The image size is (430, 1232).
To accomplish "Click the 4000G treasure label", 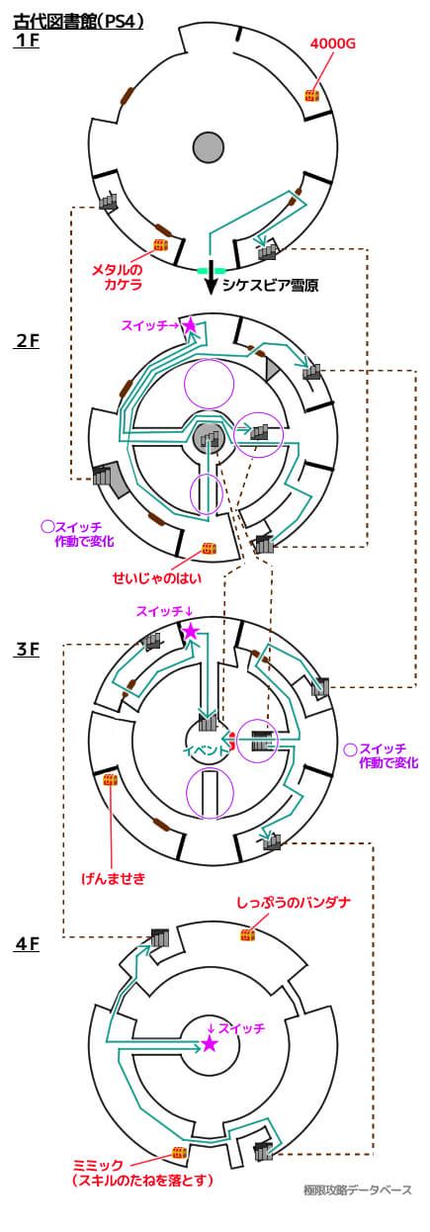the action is [x=333, y=44].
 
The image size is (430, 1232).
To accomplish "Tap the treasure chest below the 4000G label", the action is [x=312, y=96].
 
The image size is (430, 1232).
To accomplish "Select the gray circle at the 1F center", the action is [x=209, y=147].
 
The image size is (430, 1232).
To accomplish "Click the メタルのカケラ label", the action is [x=117, y=277].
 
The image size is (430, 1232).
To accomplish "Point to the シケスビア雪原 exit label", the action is [x=270, y=285].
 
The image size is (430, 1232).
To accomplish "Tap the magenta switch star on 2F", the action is [x=190, y=325].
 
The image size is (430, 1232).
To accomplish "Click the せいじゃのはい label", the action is [x=157, y=578].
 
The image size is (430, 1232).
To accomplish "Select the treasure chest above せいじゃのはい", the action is [x=209, y=549].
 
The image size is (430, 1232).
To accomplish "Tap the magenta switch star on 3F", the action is [x=190, y=632].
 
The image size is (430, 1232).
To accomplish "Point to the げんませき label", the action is [x=114, y=878].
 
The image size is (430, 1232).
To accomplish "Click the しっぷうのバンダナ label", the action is [x=294, y=903].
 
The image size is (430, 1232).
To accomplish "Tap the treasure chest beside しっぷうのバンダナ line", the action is [x=248, y=934].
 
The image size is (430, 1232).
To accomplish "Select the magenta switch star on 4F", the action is [x=209, y=1044].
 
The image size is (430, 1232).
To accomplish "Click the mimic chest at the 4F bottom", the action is [x=179, y=1152].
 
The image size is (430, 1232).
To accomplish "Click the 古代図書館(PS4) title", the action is [x=77, y=22].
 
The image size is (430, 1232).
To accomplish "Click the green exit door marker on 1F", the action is [x=212, y=271].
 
